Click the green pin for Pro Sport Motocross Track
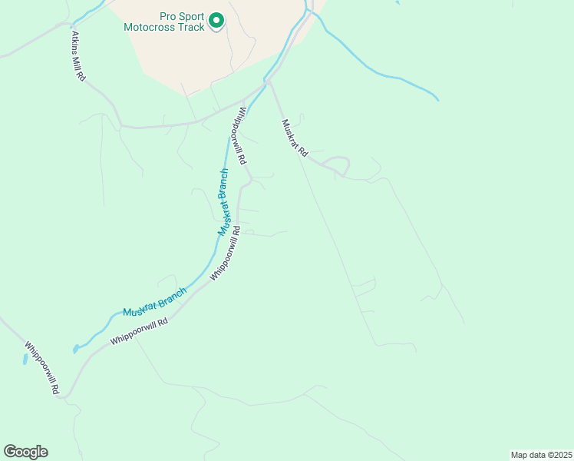click(x=216, y=21)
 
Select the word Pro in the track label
click(x=168, y=16)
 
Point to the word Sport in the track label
click(x=192, y=16)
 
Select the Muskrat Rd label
click(x=294, y=138)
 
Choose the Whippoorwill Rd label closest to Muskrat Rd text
click(x=241, y=136)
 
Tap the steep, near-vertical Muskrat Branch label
click(x=223, y=201)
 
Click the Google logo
click(x=25, y=452)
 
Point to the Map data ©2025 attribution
click(x=541, y=454)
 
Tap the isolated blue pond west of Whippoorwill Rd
click(x=25, y=359)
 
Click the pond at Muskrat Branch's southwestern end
click(x=75, y=350)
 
